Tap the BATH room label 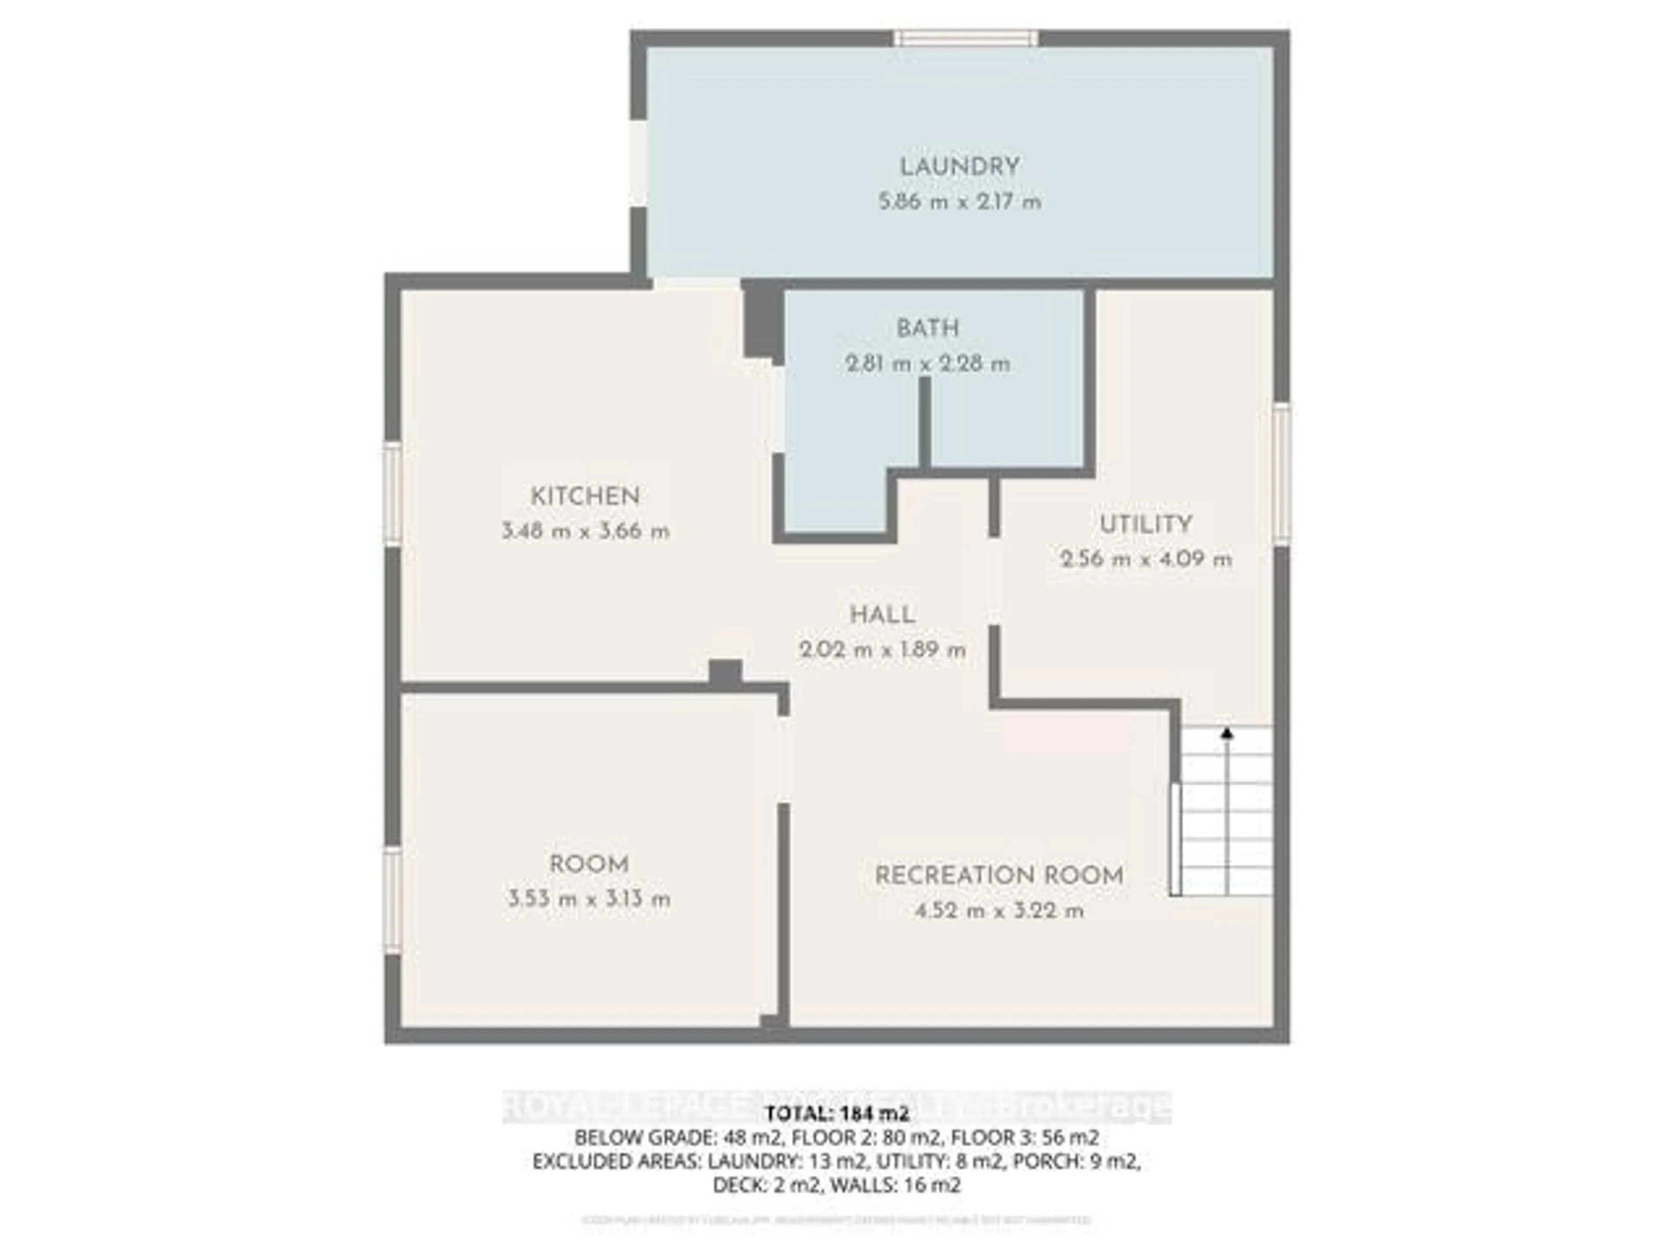coord(927,328)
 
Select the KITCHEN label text coord(585,497)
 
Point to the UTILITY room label coord(1145,524)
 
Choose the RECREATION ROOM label coord(998,876)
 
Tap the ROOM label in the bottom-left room coord(589,864)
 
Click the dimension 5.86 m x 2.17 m coord(959,203)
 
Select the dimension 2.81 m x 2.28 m coord(927,364)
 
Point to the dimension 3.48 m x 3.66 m coord(585,532)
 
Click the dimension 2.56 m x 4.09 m coord(1145,560)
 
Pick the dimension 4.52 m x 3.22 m coord(998,911)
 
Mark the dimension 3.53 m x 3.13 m coord(589,899)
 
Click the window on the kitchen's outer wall coord(392,493)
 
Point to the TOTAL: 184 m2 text coord(836,1113)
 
